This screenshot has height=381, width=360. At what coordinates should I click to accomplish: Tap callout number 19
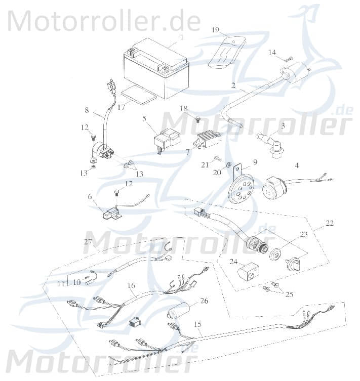[215, 30]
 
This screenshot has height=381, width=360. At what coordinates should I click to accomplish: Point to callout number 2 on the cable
[233, 86]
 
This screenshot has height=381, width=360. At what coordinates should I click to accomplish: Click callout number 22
[330, 223]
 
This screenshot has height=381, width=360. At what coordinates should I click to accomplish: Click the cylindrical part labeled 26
[180, 310]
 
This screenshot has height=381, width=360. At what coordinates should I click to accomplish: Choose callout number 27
[88, 242]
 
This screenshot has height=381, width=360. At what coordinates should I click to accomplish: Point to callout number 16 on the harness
[131, 286]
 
